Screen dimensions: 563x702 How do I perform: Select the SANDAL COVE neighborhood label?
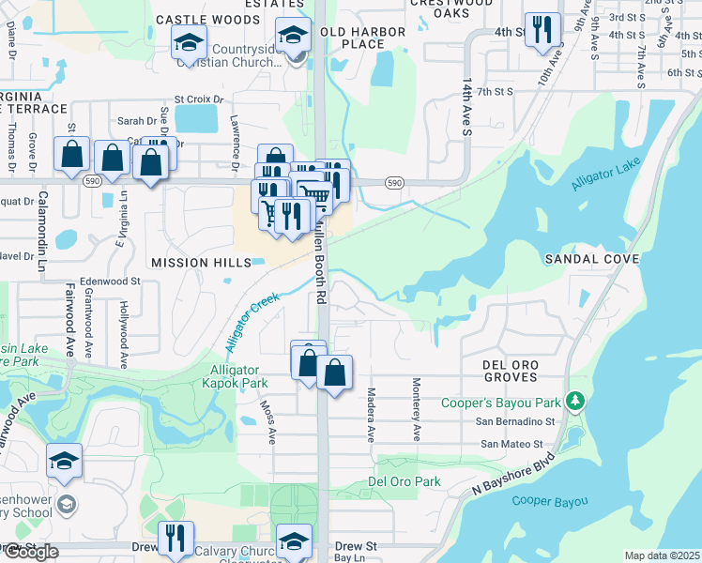pyautogui.click(x=592, y=258)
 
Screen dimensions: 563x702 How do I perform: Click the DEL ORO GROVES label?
pyautogui.click(x=510, y=371)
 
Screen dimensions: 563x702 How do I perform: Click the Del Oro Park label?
pyautogui.click(x=404, y=481)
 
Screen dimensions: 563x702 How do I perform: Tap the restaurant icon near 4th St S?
pyautogui.click(x=542, y=31)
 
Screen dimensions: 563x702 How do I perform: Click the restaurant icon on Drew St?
pyautogui.click(x=175, y=539)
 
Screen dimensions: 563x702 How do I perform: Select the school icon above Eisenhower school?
pyautogui.click(x=65, y=462)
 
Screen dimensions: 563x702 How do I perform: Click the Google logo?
pyautogui.click(x=30, y=552)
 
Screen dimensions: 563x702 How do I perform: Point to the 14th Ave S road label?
pyautogui.click(x=465, y=107)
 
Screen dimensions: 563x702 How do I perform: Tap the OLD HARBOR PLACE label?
pyautogui.click(x=363, y=38)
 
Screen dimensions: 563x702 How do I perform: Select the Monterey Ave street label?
pyautogui.click(x=415, y=409)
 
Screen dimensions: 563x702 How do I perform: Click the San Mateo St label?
pyautogui.click(x=511, y=444)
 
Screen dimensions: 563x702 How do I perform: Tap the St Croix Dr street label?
pyautogui.click(x=199, y=99)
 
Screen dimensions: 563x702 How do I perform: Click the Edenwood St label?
pyautogui.click(x=110, y=281)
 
